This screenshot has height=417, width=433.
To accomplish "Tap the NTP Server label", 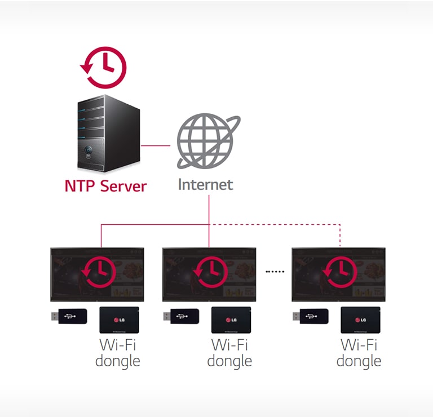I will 105,186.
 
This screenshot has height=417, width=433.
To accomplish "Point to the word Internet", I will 205,184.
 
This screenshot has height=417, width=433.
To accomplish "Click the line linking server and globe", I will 156,146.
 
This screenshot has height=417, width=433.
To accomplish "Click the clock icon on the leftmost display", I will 98,271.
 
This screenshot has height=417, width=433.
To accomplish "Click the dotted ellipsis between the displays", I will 275,271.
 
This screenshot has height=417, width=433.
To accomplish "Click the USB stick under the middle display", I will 180,316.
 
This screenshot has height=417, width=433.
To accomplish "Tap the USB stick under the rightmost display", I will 310,316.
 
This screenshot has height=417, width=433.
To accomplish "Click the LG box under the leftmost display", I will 119,320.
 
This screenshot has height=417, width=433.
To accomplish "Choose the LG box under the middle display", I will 231,320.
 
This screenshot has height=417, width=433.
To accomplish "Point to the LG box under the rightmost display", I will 360,320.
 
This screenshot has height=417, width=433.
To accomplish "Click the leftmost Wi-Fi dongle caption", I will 118,352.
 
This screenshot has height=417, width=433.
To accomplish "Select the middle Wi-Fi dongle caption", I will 229,352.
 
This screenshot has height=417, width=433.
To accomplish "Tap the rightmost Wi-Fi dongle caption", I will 359,352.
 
